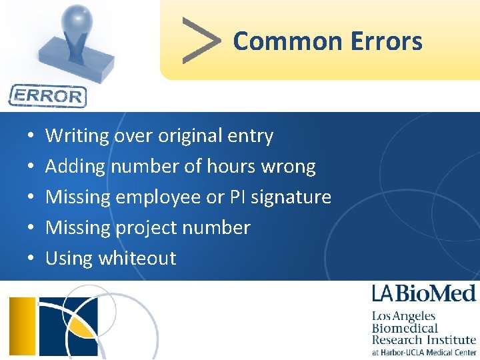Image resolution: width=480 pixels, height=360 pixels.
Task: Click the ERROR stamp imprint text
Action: [x=47, y=96]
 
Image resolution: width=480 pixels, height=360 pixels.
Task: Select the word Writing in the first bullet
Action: [x=77, y=136]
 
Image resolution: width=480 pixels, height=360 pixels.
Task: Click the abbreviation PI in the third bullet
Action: [x=237, y=197]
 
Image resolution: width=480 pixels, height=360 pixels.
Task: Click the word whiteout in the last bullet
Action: [x=137, y=258]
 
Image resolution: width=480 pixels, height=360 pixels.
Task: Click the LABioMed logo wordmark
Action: [x=423, y=293]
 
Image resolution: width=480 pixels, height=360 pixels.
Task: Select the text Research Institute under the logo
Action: [x=424, y=340]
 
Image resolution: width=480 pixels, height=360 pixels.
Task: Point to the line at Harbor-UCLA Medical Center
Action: [x=424, y=353]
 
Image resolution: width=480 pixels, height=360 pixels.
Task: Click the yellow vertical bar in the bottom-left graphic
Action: [x=22, y=327]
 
